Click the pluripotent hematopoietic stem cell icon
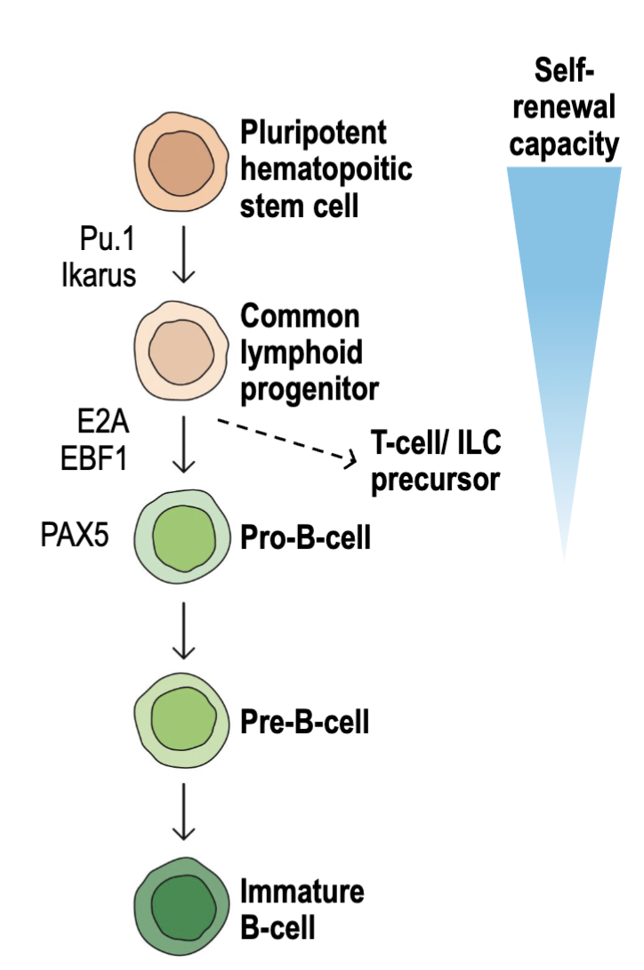click(181, 163)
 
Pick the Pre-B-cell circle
click(181, 720)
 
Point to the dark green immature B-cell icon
click(181, 904)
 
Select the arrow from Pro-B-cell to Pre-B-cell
click(183, 631)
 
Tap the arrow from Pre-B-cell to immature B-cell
click(183, 812)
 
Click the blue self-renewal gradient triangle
click(564, 294)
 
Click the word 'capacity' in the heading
click(564, 143)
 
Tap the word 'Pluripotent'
click(314, 133)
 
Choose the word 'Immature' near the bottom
click(302, 891)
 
